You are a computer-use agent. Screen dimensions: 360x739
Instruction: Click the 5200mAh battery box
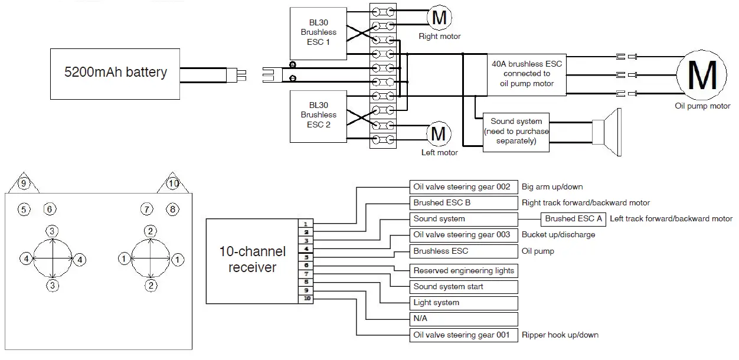tap(115, 73)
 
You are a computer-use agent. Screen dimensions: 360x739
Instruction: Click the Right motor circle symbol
tap(439, 18)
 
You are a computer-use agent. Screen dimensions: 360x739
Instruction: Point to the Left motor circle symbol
tap(439, 133)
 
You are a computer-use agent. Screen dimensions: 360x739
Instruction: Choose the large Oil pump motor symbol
tap(702, 74)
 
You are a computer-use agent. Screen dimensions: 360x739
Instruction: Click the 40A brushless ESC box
tap(528, 74)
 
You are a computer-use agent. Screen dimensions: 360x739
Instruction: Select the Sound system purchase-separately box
tap(516, 132)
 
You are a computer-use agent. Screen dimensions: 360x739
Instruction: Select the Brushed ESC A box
tap(573, 219)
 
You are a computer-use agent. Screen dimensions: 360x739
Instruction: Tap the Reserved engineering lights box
tap(463, 271)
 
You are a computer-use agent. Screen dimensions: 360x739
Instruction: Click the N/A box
tap(463, 319)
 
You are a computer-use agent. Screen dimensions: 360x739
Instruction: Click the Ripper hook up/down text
tap(560, 335)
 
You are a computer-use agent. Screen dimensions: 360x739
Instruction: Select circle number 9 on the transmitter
tap(23, 184)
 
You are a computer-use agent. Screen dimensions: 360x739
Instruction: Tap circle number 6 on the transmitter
tap(50, 209)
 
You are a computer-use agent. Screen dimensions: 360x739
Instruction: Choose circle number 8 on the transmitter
tap(172, 209)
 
